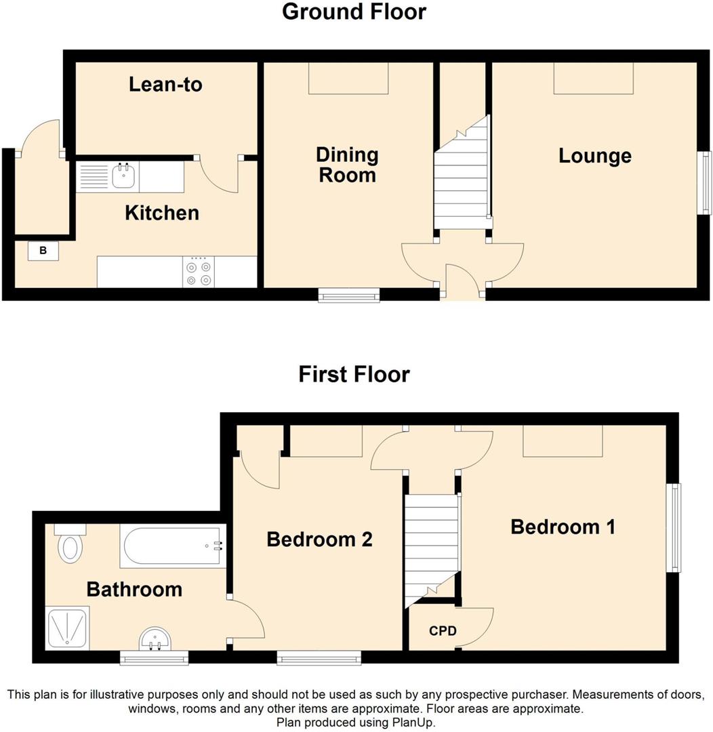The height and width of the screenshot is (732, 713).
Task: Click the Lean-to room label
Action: [x=165, y=85]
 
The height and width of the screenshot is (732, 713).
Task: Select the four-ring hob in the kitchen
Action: [x=199, y=272]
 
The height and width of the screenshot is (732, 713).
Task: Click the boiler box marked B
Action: [x=43, y=251]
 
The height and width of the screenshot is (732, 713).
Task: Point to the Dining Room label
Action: [x=347, y=165]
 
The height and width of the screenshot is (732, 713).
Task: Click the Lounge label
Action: [x=594, y=156]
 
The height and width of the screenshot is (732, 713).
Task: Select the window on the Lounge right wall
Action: [x=706, y=182]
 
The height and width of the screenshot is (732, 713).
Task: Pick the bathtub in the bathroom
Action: [x=172, y=547]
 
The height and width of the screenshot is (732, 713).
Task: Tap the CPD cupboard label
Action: [x=443, y=631]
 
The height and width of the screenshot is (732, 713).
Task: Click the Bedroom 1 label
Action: [x=563, y=527]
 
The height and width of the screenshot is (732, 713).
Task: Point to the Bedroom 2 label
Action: [x=319, y=540]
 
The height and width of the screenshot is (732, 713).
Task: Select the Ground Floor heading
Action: [x=354, y=12]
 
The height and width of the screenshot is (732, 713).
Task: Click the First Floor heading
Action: [x=354, y=374]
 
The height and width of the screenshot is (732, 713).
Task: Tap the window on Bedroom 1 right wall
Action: [x=673, y=528]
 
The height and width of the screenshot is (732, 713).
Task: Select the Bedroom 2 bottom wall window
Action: [x=319, y=656]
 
